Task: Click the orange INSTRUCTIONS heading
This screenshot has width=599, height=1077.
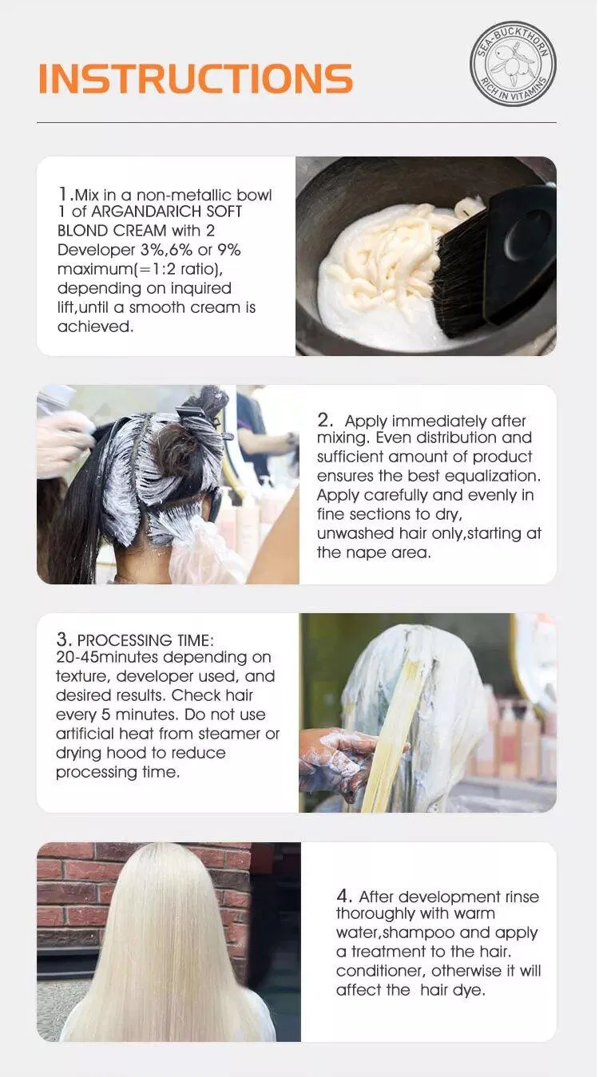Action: coord(196,78)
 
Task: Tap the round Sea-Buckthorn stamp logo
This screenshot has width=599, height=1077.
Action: coord(513,62)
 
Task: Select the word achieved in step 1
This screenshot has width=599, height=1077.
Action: coord(95,327)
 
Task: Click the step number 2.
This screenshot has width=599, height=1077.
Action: coord(325,420)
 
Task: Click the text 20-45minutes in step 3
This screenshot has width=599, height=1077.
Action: coord(107,657)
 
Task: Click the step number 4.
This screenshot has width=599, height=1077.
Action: coord(343,897)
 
